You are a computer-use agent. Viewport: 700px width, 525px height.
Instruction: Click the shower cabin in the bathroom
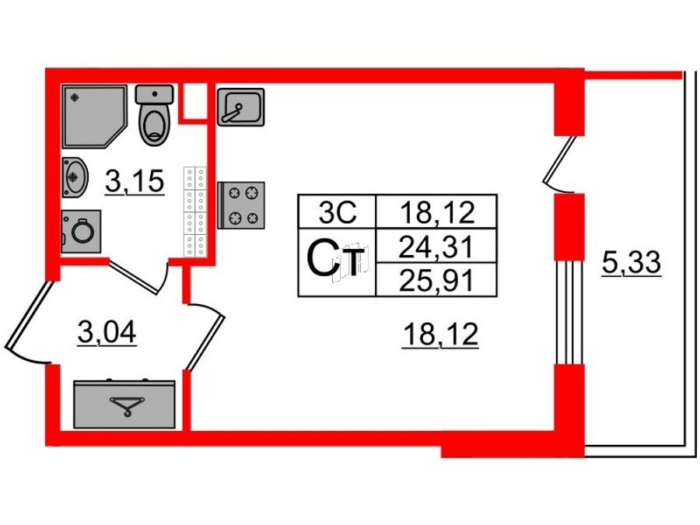coord(93,116)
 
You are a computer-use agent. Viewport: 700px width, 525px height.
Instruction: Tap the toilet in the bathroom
coord(155,115)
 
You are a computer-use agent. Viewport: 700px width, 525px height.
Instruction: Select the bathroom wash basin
coord(74,177)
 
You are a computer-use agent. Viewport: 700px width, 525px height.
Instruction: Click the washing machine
coord(81,231)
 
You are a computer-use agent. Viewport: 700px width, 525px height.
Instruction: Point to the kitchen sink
coord(240,107)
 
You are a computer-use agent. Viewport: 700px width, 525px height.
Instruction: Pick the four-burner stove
coord(241,205)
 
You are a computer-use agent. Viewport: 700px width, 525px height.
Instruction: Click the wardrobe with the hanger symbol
coord(124,404)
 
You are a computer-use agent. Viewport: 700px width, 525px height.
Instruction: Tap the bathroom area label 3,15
coord(135,181)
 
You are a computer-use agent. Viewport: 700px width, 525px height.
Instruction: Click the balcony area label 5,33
coord(631,263)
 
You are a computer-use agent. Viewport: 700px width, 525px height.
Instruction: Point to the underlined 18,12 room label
coord(440,334)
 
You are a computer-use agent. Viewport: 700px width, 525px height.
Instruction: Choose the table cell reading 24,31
coord(436,246)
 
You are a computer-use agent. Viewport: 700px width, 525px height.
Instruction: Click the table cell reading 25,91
coord(436,280)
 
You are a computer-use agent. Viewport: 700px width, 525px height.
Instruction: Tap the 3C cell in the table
coord(337,212)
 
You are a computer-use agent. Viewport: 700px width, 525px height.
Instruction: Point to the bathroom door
coord(139,277)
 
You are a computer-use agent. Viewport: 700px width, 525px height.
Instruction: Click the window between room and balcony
coord(569,312)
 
